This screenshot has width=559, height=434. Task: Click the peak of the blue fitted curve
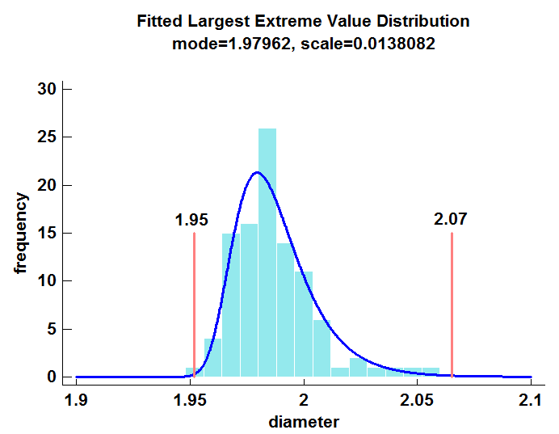258,172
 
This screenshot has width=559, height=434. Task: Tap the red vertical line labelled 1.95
195,307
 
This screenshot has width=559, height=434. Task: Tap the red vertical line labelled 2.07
452,307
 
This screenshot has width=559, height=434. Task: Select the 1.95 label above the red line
191,220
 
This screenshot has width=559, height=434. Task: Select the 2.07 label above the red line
450,218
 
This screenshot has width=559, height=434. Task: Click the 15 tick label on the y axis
46,234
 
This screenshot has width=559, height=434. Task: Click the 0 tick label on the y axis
51,377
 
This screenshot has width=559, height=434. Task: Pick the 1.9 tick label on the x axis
76,400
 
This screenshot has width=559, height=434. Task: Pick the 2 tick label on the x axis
304,400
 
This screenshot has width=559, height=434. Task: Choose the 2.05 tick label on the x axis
418,400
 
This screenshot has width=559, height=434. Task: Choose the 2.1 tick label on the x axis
531,400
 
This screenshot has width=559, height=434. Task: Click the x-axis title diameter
303,422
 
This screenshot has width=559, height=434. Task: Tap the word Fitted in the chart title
160,21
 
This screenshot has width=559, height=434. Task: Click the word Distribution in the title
427,21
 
